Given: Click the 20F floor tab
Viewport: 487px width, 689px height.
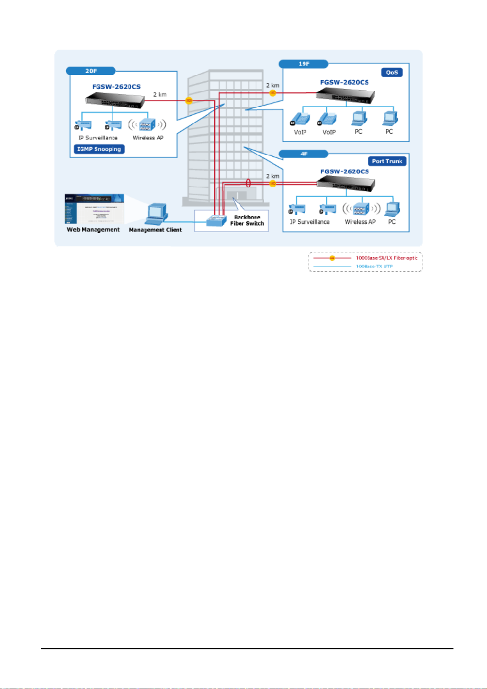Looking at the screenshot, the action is [91, 71].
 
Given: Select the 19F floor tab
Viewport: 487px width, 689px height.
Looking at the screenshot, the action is [304, 64].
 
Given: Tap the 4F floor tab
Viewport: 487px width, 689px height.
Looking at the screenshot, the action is [304, 154].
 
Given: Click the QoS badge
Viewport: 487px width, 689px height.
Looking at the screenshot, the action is [392, 72].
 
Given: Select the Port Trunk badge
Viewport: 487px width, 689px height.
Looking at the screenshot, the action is [387, 161].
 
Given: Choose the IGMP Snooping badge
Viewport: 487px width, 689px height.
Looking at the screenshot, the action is [99, 149].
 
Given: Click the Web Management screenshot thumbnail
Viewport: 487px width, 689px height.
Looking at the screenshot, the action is [94, 209].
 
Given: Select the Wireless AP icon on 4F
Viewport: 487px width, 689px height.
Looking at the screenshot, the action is [361, 209].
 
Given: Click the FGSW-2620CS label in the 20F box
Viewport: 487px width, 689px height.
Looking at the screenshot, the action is [117, 87].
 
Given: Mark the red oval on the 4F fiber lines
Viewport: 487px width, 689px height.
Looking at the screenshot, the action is [248, 183].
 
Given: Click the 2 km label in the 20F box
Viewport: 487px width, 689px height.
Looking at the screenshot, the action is [160, 94].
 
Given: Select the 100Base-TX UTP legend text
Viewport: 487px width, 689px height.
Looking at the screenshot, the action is [374, 267].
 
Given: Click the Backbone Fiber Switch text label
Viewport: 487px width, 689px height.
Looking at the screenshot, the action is [247, 220].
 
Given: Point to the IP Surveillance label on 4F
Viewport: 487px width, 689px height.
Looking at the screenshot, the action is [310, 222].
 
